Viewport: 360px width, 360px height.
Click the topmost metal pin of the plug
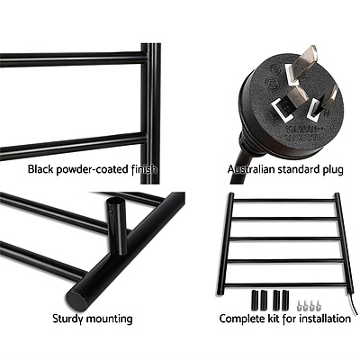coord(308,56)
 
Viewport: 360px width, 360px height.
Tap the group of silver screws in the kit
coord(311,296)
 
